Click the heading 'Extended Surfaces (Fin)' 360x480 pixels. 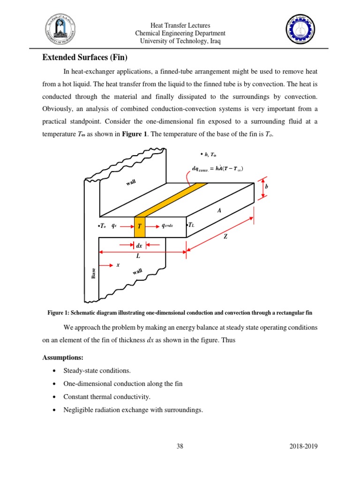(85, 58)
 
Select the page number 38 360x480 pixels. (180, 447)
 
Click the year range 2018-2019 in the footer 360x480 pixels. (304, 447)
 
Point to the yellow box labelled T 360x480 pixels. (139, 226)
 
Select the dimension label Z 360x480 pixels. (225, 237)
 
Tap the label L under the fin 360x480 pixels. (138, 256)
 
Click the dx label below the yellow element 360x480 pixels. (139, 245)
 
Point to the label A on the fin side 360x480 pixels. (218, 211)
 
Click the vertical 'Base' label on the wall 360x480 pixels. (93, 273)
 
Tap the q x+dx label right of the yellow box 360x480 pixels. (167, 225)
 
